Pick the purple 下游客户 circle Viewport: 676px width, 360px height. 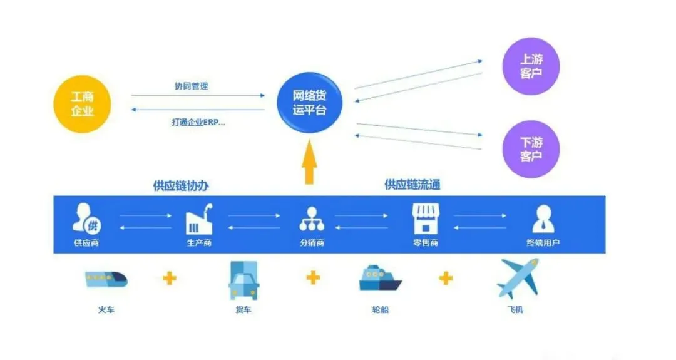[x=531, y=149]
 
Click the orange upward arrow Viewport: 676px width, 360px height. [x=309, y=163]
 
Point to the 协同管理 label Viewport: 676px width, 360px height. [x=191, y=86]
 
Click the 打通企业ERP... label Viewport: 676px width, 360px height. [x=198, y=122]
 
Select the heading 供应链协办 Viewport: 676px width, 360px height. [x=181, y=186]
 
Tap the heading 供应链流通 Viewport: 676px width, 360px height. [x=414, y=185]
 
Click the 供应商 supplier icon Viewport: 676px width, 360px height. [x=86, y=219]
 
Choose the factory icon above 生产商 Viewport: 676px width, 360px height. [x=200, y=219]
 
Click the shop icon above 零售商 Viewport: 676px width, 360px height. [x=425, y=219]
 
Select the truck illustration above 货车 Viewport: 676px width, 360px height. [x=243, y=282]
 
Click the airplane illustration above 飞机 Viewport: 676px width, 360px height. [x=518, y=279]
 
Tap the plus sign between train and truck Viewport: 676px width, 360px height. [x=170, y=278]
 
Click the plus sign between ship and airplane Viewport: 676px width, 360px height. [x=446, y=278]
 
